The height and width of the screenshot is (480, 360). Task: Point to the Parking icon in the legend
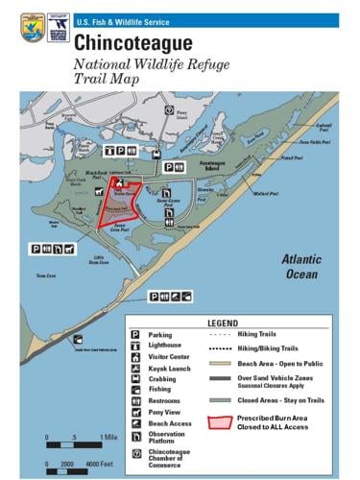point(136,335)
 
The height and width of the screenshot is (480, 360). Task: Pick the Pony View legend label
point(168,414)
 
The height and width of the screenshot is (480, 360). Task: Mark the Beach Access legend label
point(172,425)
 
